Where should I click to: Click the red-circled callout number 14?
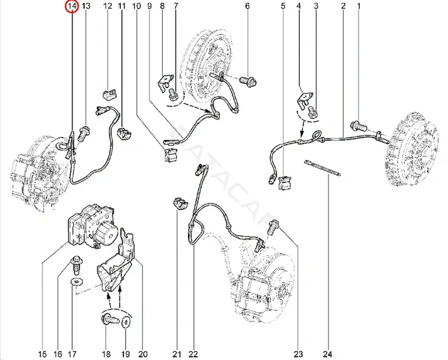coord(72,5)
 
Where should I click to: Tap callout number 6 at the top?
coord(247,5)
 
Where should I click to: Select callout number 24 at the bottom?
coord(328,354)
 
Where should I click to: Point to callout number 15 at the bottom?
coord(42,354)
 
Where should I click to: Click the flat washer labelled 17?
coord(77,282)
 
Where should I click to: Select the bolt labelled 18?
coord(110,319)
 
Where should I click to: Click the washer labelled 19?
coord(126,322)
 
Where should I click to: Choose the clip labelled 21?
coord(181,203)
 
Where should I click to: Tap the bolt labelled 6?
coord(248,81)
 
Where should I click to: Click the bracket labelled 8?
coord(166,82)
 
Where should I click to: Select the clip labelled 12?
coord(109,94)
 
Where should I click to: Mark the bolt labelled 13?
coord(84,133)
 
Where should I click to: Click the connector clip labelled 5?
coord(285,183)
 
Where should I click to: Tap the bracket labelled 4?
coord(304,100)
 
